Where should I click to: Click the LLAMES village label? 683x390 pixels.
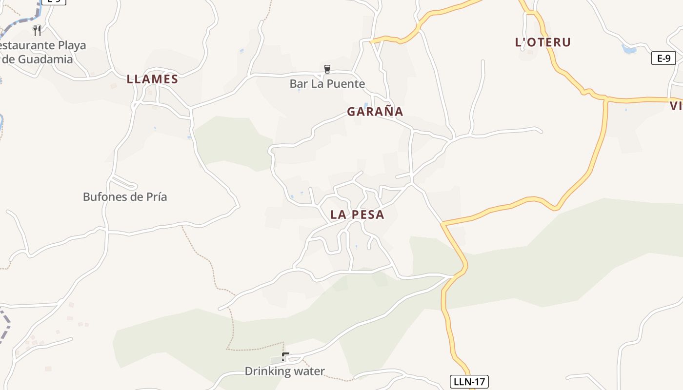(x=152, y=79)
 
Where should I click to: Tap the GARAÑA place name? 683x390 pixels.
(x=375, y=112)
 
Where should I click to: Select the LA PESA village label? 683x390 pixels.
(x=357, y=214)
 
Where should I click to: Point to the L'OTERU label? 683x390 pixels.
(x=542, y=42)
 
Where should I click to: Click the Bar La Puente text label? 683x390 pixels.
(x=327, y=84)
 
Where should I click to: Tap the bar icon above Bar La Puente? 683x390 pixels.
(x=327, y=69)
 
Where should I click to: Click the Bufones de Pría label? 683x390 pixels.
(x=125, y=197)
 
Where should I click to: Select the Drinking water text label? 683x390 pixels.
(x=284, y=371)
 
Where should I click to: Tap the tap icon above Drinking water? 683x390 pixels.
(x=285, y=357)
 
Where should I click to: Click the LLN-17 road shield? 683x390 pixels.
(x=468, y=382)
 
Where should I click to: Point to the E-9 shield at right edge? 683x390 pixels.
(x=663, y=58)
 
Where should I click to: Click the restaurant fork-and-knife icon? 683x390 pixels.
(x=37, y=30)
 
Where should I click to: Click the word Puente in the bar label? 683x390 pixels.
(x=346, y=84)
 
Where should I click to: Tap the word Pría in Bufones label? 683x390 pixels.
(x=157, y=197)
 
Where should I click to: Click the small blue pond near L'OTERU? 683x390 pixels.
(x=629, y=49)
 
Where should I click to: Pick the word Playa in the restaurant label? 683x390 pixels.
(x=72, y=45)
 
